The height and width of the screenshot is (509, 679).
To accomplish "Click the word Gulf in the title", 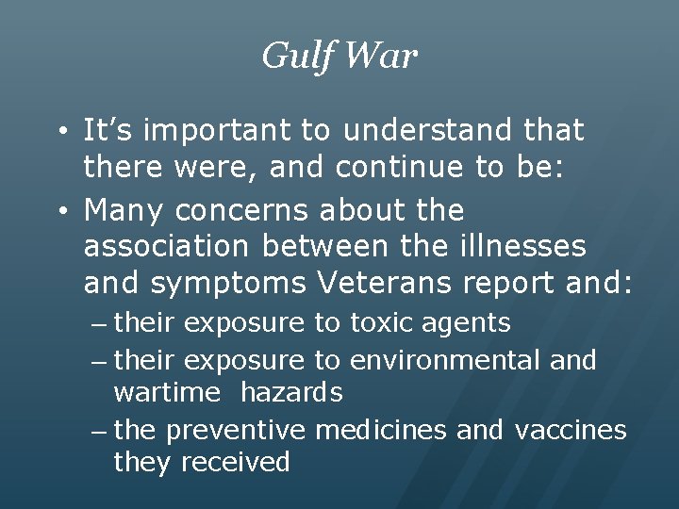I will point(294,57).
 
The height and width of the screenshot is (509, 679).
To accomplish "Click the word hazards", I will point(290,391).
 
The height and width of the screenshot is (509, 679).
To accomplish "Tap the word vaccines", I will point(571,431).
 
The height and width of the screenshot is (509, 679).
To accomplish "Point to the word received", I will point(235,462).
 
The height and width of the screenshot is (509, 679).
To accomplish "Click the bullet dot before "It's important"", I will point(59,131).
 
